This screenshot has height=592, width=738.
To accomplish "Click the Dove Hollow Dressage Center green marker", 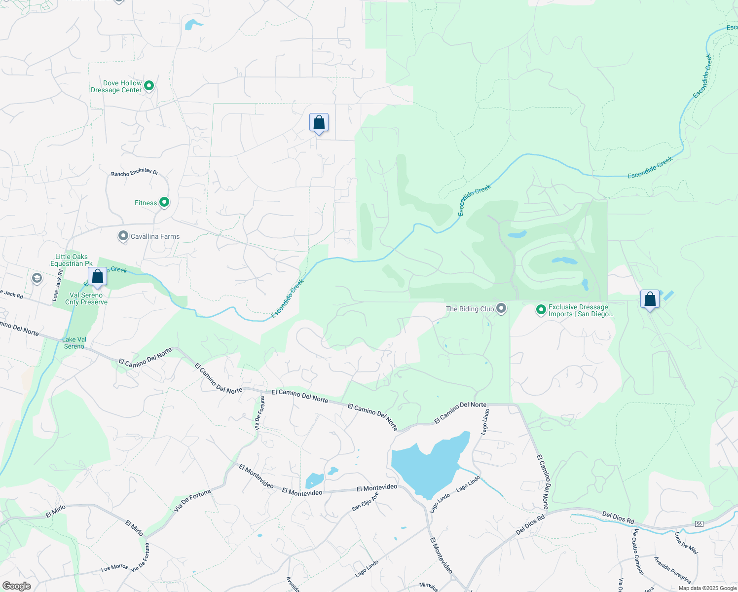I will [x=148, y=86].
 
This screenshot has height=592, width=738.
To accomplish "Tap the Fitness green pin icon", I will [x=164, y=202].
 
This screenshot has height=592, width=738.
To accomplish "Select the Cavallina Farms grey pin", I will [x=123, y=236].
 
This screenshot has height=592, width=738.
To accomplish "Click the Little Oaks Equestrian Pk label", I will [x=72, y=260].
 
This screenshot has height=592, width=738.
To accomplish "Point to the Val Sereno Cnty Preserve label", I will [x=86, y=298].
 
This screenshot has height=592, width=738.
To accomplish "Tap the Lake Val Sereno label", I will [x=74, y=343].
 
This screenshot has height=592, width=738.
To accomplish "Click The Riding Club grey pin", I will [x=501, y=309].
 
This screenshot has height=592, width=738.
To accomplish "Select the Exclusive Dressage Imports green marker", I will [x=541, y=310].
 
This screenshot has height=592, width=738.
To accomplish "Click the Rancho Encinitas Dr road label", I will [x=135, y=172].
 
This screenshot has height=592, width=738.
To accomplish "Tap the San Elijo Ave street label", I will [x=365, y=502].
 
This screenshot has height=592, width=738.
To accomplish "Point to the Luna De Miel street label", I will [x=686, y=543].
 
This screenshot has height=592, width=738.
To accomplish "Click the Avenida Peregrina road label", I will [x=672, y=570].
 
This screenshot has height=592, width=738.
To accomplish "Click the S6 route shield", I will [x=699, y=523].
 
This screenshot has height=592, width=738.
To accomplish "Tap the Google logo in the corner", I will [x=17, y=586].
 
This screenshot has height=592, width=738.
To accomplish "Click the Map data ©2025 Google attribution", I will [x=707, y=588].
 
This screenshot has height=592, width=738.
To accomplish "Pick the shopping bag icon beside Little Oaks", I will [x=98, y=277].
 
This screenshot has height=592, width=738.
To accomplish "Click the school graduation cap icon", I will [x=37, y=278].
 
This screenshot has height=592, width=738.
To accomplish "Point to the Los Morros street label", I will [x=114, y=568].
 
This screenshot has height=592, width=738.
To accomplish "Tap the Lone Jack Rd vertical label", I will [x=57, y=285].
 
